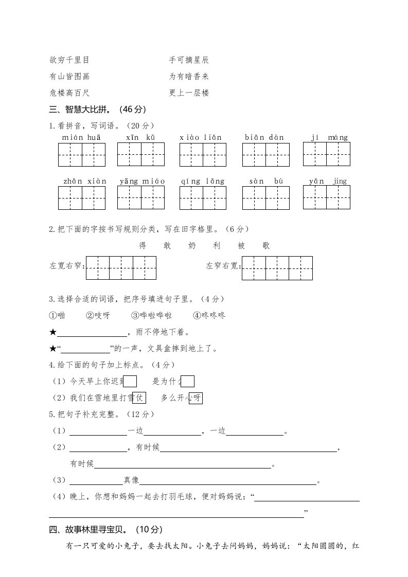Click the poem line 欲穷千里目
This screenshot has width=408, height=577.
coord(69,60)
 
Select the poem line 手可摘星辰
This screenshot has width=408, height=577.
coord(189,60)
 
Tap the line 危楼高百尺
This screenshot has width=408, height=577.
coord(69,93)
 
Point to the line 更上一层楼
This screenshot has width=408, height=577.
coord(189,93)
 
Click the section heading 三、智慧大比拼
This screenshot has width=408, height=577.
coord(97,110)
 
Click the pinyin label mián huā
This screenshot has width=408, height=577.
coord(81,137)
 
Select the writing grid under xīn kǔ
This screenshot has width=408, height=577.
coord(141,154)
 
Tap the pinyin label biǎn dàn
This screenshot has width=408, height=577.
coord(264,137)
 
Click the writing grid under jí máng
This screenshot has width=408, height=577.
coord(326,154)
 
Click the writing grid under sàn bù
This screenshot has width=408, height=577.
coord(265,198)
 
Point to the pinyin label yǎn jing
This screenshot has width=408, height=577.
coord(328,181)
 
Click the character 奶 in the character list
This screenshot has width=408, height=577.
coord(192,246)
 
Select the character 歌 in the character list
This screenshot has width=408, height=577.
coord(265,246)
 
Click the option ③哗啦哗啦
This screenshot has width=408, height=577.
coord(151,315)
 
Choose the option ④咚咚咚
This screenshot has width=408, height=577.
coord(209,315)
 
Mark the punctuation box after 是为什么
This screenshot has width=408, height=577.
coord(188,381)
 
